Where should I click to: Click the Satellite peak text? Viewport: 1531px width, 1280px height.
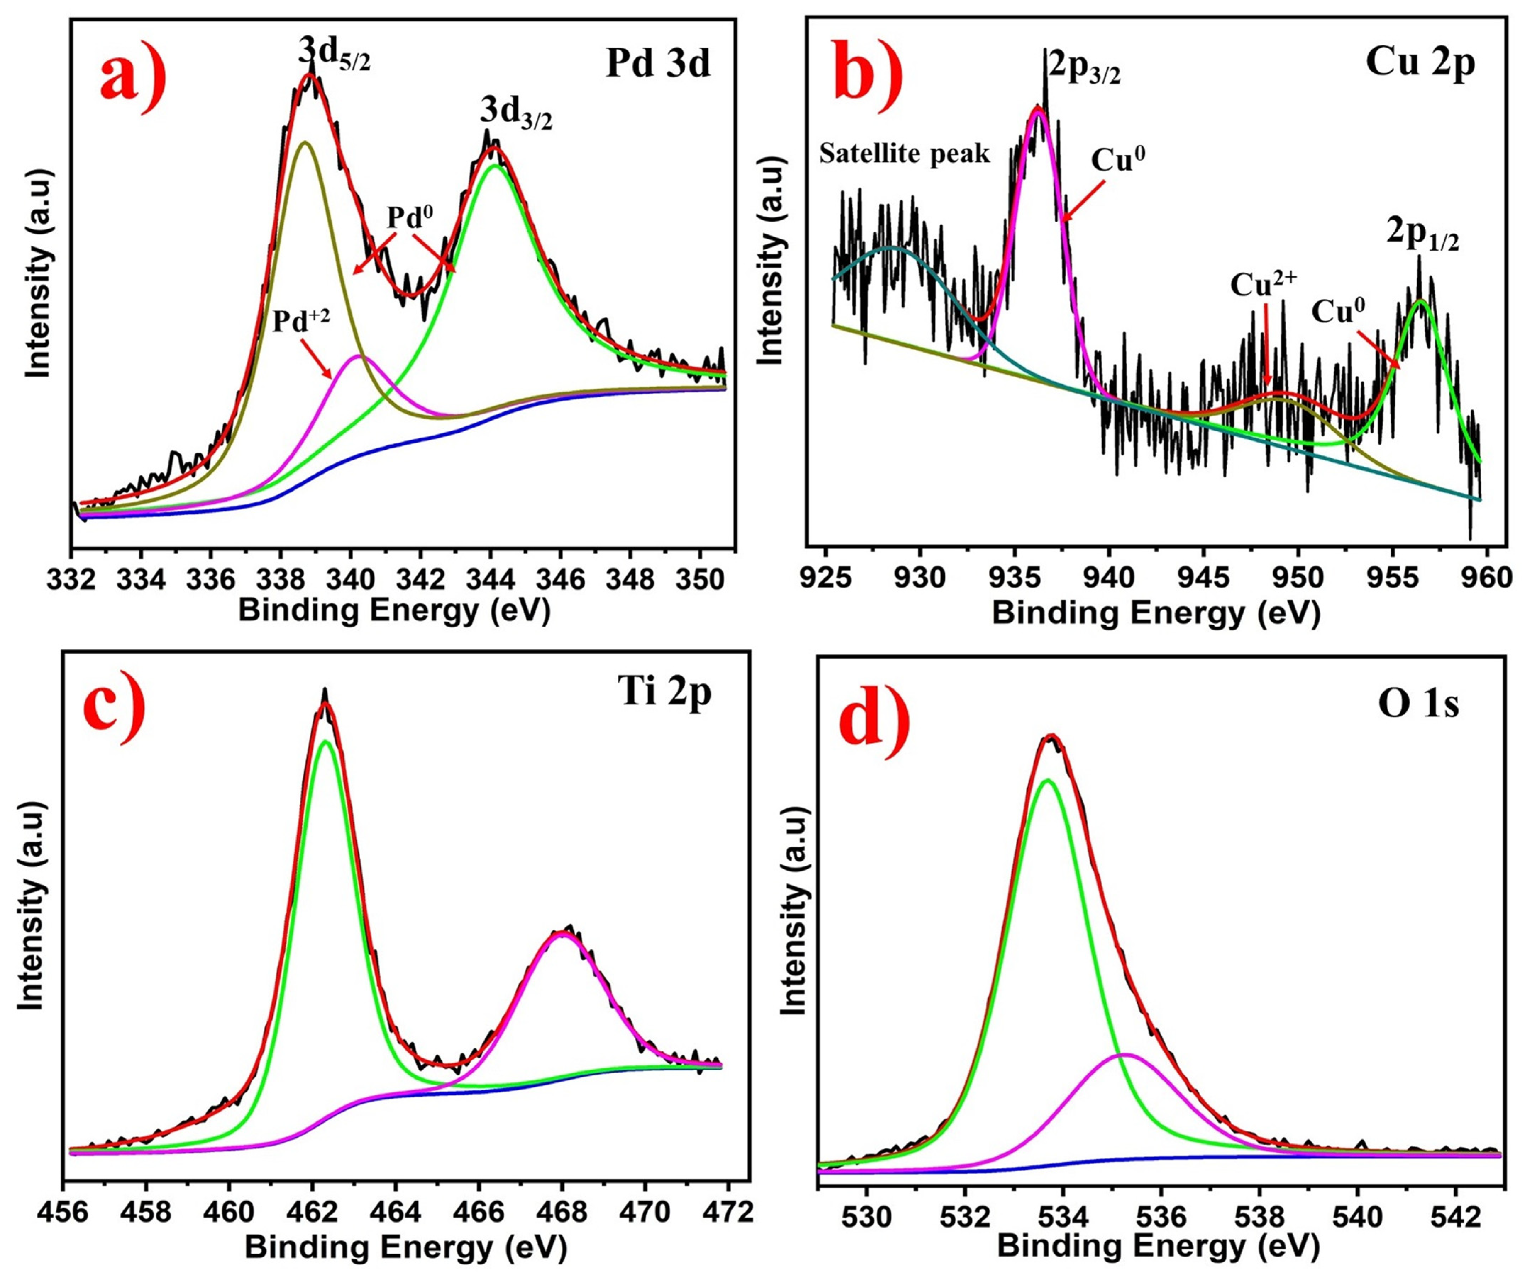[905, 154]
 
